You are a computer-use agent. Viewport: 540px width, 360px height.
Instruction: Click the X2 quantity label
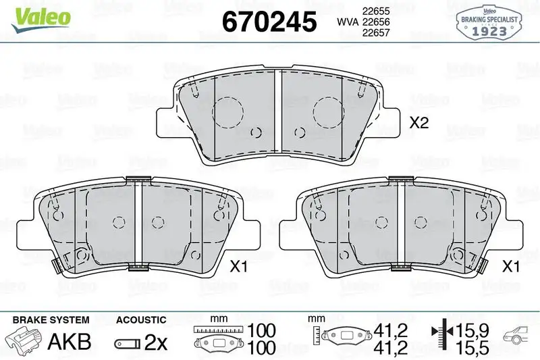coord(420,124)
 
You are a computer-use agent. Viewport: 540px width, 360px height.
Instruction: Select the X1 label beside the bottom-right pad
coord(510,266)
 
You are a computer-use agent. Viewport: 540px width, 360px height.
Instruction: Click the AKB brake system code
coord(69,342)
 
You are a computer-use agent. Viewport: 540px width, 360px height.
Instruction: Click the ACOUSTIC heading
coord(141,319)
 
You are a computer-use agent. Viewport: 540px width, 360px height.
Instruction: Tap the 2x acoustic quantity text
coord(156,342)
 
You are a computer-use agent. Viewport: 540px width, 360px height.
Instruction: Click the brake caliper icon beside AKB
coord(24,340)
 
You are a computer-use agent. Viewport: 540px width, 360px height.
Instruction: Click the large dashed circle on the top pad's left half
coord(227,111)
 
